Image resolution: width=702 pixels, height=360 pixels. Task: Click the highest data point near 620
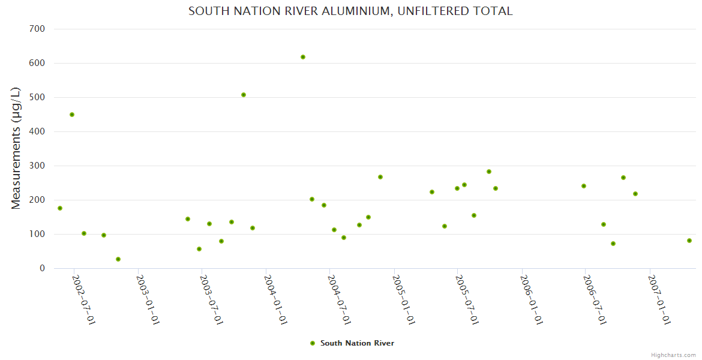303,57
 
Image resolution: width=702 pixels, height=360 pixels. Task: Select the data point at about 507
244,95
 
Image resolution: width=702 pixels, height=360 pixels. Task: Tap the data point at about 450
72,115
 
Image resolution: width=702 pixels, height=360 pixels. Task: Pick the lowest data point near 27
118,259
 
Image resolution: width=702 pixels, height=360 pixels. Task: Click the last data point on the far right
689,241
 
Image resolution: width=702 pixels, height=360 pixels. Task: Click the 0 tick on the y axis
42,268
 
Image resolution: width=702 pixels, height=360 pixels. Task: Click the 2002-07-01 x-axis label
83,300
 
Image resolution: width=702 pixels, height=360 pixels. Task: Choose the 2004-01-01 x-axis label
275,300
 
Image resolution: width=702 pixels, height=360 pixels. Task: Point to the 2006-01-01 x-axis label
531,300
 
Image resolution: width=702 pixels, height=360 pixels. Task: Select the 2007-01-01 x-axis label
659,300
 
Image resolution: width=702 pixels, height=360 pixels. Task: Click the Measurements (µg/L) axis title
16,148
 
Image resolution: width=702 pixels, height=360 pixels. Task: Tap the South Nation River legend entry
357,343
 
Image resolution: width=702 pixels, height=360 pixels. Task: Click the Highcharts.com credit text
673,355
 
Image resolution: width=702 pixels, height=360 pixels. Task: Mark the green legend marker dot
312,343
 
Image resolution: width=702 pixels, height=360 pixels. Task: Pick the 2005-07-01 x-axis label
467,300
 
